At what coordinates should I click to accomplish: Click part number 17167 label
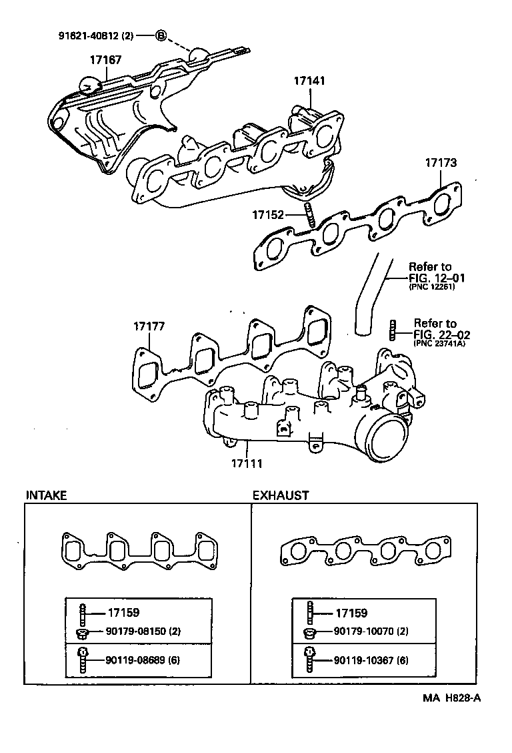point(105,60)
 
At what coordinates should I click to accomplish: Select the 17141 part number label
point(310,81)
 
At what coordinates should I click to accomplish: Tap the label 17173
point(441,162)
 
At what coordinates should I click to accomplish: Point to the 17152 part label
point(268,215)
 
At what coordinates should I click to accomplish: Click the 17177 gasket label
point(149,326)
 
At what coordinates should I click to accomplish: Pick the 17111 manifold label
point(247,463)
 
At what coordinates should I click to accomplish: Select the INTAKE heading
point(46,495)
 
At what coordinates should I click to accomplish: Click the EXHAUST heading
point(281,495)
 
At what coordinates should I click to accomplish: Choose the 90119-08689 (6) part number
point(143,661)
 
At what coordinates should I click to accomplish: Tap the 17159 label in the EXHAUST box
point(351,613)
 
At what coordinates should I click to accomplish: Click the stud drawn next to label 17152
point(309,215)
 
